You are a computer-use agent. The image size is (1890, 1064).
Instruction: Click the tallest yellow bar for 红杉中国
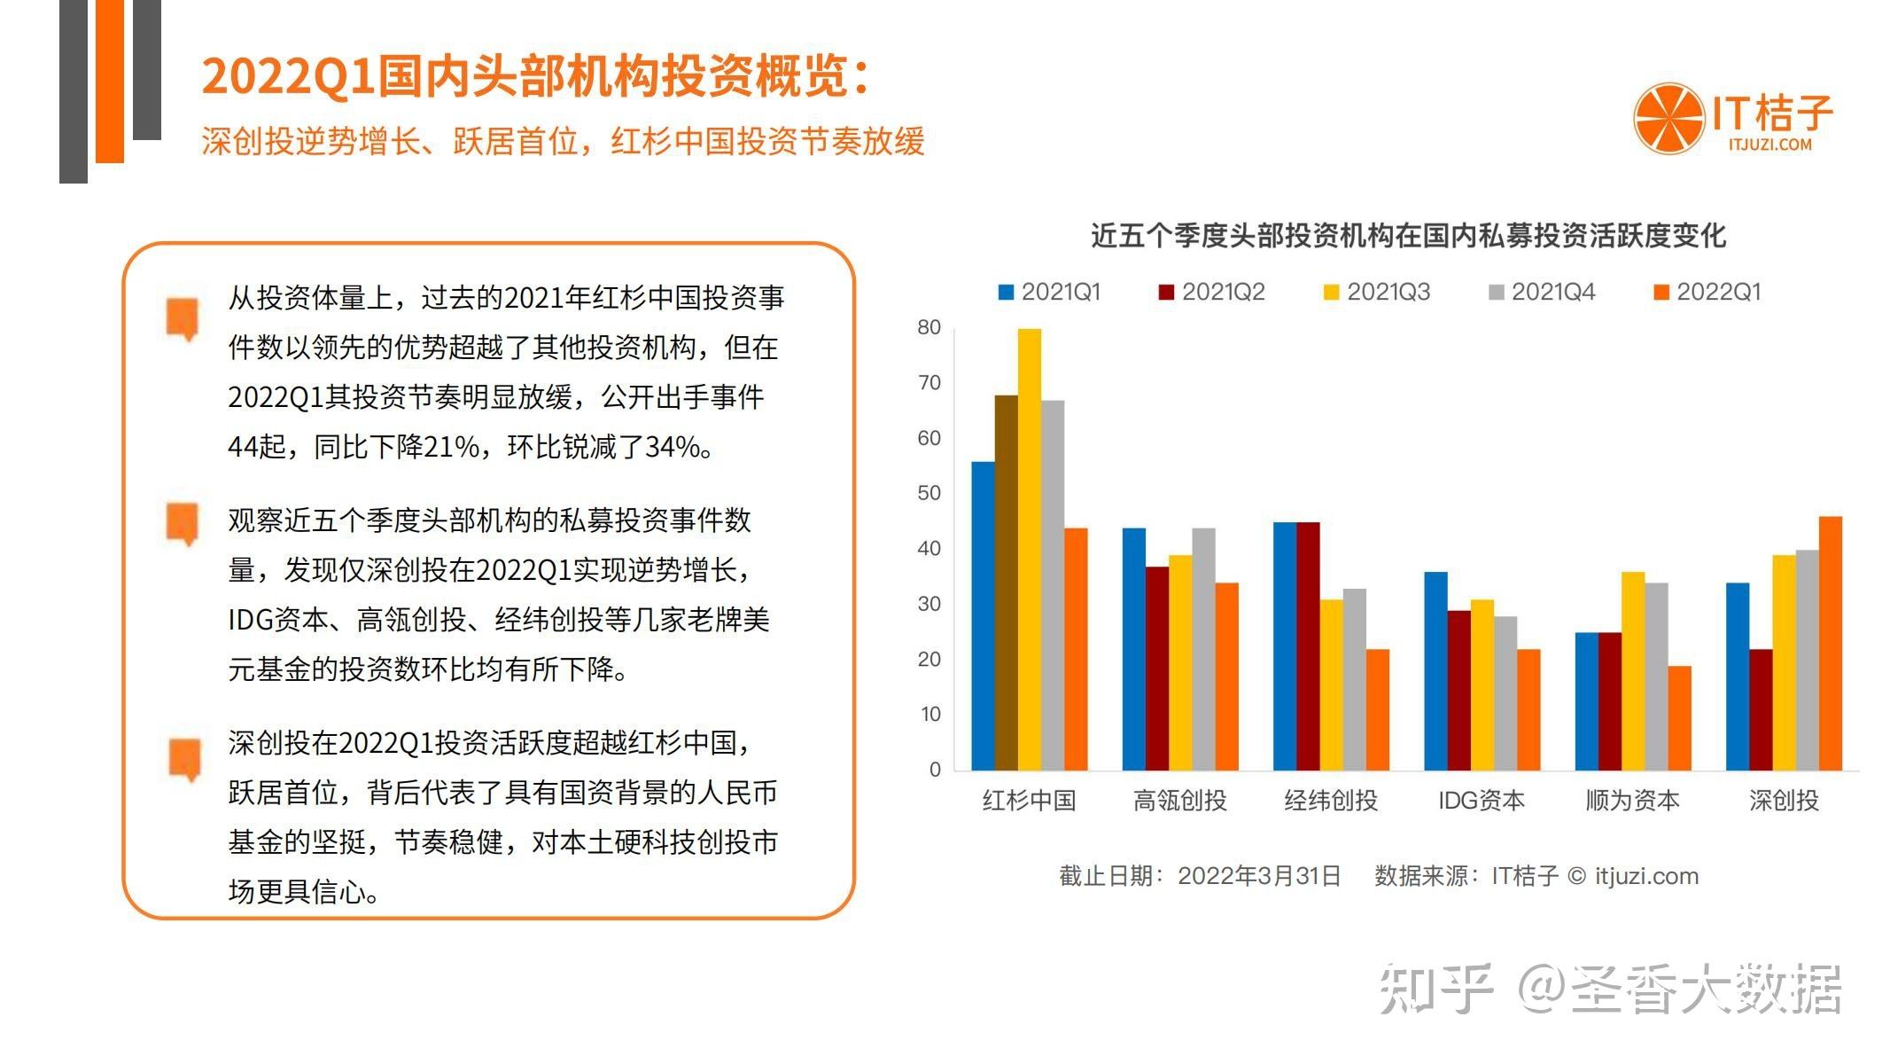coord(1029,550)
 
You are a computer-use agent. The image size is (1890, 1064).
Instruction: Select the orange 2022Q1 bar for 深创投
coord(1830,643)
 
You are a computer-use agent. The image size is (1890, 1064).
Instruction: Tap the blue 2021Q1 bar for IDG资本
coord(1435,671)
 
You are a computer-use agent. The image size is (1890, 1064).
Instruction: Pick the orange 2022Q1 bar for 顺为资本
coord(1679,718)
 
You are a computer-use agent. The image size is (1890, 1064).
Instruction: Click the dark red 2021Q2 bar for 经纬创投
coord(1308,646)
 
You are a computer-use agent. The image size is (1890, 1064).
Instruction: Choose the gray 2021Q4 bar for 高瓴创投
coord(1203,649)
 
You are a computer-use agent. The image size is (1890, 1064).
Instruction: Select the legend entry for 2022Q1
coord(1707,293)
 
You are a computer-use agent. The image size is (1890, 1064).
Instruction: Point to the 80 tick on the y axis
coord(929,328)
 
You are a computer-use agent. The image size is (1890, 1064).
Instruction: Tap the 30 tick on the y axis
coord(929,605)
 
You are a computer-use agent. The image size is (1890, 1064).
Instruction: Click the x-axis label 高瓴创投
coord(1179,801)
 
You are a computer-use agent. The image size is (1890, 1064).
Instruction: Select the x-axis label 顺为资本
coord(1632,801)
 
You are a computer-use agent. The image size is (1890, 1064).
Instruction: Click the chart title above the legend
coord(1408,236)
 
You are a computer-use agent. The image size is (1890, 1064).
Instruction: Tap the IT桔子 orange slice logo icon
coord(1668,118)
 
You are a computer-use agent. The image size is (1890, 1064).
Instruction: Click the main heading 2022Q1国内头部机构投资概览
coord(534,76)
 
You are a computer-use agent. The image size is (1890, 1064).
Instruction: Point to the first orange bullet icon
coord(183,318)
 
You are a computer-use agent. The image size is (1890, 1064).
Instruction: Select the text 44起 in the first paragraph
coord(256,447)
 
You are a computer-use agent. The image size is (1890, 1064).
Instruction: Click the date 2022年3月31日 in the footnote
coord(1258,876)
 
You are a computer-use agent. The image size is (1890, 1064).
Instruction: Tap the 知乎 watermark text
coord(1435,989)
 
